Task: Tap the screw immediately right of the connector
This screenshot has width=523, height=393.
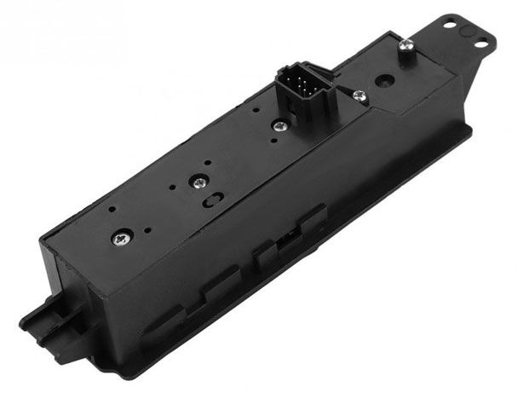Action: click(x=360, y=96)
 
